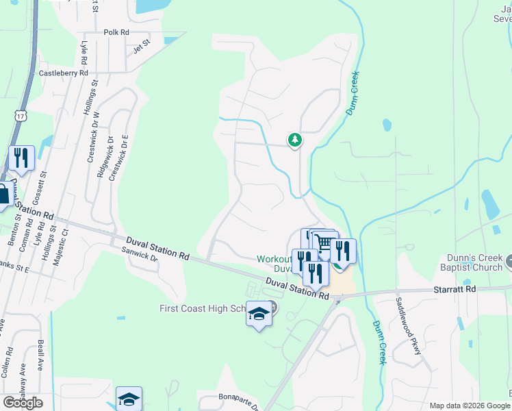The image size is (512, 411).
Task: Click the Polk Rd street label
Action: click(116, 32)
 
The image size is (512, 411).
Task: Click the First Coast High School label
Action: click(203, 308)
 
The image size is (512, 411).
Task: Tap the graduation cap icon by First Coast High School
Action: click(259, 314)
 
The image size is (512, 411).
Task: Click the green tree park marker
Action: click(294, 140)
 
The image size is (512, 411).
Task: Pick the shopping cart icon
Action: click(324, 243)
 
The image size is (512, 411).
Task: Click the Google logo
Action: click(23, 402)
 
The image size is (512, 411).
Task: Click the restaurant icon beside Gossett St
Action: click(22, 158)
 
